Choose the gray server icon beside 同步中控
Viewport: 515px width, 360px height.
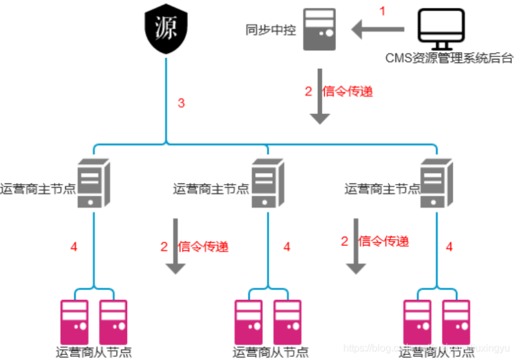(319, 29)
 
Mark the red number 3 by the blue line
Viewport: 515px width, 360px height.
(181, 103)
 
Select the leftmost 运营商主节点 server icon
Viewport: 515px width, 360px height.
(93, 182)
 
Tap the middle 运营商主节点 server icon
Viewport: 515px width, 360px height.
(268, 182)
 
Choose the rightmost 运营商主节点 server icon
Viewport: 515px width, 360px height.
(436, 182)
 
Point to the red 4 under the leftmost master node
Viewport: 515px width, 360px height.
(74, 247)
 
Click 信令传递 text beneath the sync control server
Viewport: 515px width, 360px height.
(347, 91)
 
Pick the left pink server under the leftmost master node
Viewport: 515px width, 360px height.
(74, 319)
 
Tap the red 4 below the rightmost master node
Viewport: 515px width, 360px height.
(449, 247)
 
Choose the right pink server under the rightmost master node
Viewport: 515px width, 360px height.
(456, 319)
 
